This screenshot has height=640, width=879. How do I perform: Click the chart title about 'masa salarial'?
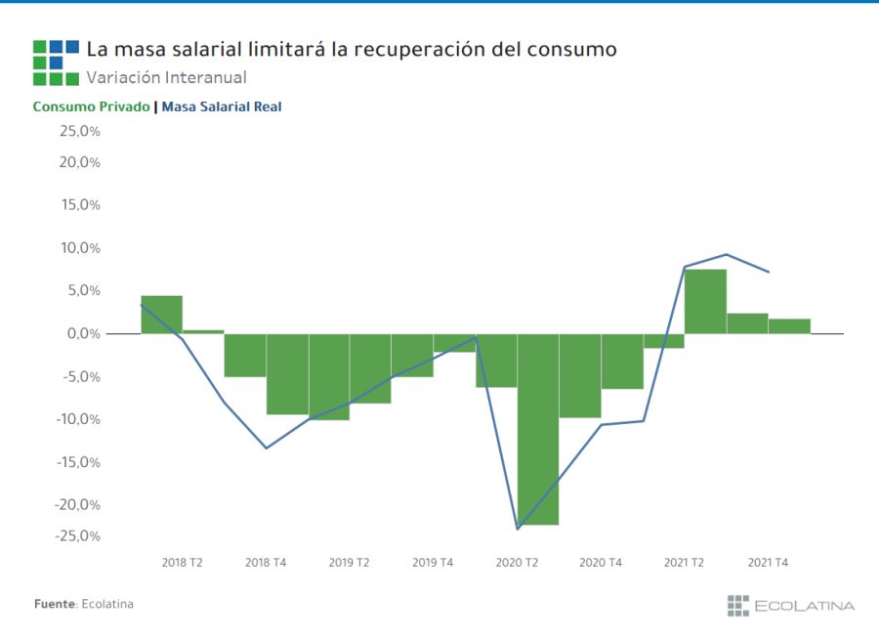[x=352, y=49]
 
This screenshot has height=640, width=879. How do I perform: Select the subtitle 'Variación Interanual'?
[x=166, y=77]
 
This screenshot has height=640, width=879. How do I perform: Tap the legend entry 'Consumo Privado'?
[x=91, y=107]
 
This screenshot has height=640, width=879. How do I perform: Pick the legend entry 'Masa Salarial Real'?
[x=221, y=107]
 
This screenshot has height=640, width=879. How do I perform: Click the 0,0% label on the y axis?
[x=82, y=334]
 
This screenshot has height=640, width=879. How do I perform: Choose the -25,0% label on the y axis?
[x=78, y=535]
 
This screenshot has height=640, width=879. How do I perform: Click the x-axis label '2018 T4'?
[x=266, y=563]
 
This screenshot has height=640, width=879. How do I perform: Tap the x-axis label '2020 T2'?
[x=517, y=563]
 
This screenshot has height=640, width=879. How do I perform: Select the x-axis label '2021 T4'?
[x=768, y=563]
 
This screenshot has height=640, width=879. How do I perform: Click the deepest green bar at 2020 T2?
[x=538, y=430]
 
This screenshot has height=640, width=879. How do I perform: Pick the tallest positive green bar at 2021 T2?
[x=705, y=301]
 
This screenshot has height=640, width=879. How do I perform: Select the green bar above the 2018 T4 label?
[x=287, y=374]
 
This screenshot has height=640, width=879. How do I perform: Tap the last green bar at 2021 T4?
[x=789, y=326]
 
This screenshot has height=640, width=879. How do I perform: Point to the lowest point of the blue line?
[x=517, y=529]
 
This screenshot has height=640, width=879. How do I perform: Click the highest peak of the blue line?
[x=727, y=254]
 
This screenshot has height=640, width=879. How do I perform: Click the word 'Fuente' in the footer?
[x=55, y=604]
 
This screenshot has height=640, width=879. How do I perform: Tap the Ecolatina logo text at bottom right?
[x=803, y=606]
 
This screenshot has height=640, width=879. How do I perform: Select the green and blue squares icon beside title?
[x=56, y=63]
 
